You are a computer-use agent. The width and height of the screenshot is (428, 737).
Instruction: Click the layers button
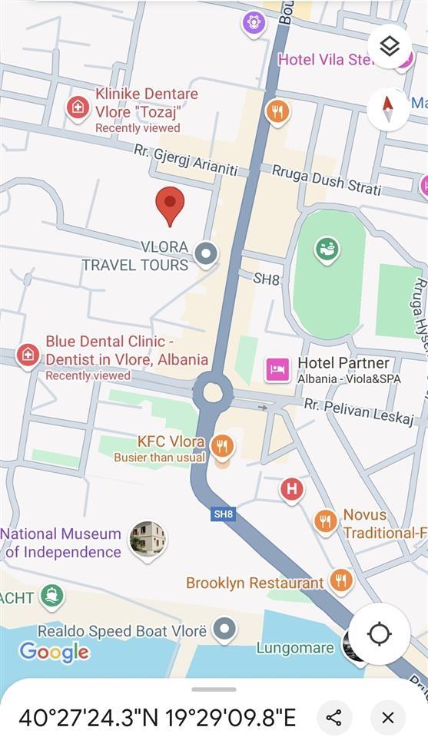point(390,47)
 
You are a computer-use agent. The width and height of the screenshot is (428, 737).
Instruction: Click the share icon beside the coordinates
point(333,717)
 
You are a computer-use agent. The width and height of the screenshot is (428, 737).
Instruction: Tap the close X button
point(388,717)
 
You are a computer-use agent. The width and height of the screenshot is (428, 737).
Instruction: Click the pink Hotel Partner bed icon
point(277,370)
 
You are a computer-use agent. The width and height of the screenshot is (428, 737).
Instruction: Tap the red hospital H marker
point(291,488)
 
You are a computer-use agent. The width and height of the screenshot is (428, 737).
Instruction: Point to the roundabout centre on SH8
point(213,393)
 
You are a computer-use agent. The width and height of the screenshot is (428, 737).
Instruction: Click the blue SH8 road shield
point(223,514)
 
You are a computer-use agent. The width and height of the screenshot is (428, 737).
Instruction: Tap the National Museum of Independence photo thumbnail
point(148,540)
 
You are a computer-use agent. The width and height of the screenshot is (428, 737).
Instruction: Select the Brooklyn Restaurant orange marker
point(341,580)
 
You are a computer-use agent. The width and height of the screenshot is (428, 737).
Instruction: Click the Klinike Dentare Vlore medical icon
point(77,107)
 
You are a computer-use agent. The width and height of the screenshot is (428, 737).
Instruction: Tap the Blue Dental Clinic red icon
point(28,355)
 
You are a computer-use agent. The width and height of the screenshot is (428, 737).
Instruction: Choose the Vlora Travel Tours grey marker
point(205,253)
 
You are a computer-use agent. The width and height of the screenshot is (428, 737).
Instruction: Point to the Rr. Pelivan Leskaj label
point(359,411)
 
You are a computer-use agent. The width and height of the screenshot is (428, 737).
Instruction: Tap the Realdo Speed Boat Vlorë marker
point(224,630)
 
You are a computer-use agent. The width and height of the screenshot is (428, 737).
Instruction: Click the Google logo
point(54,653)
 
